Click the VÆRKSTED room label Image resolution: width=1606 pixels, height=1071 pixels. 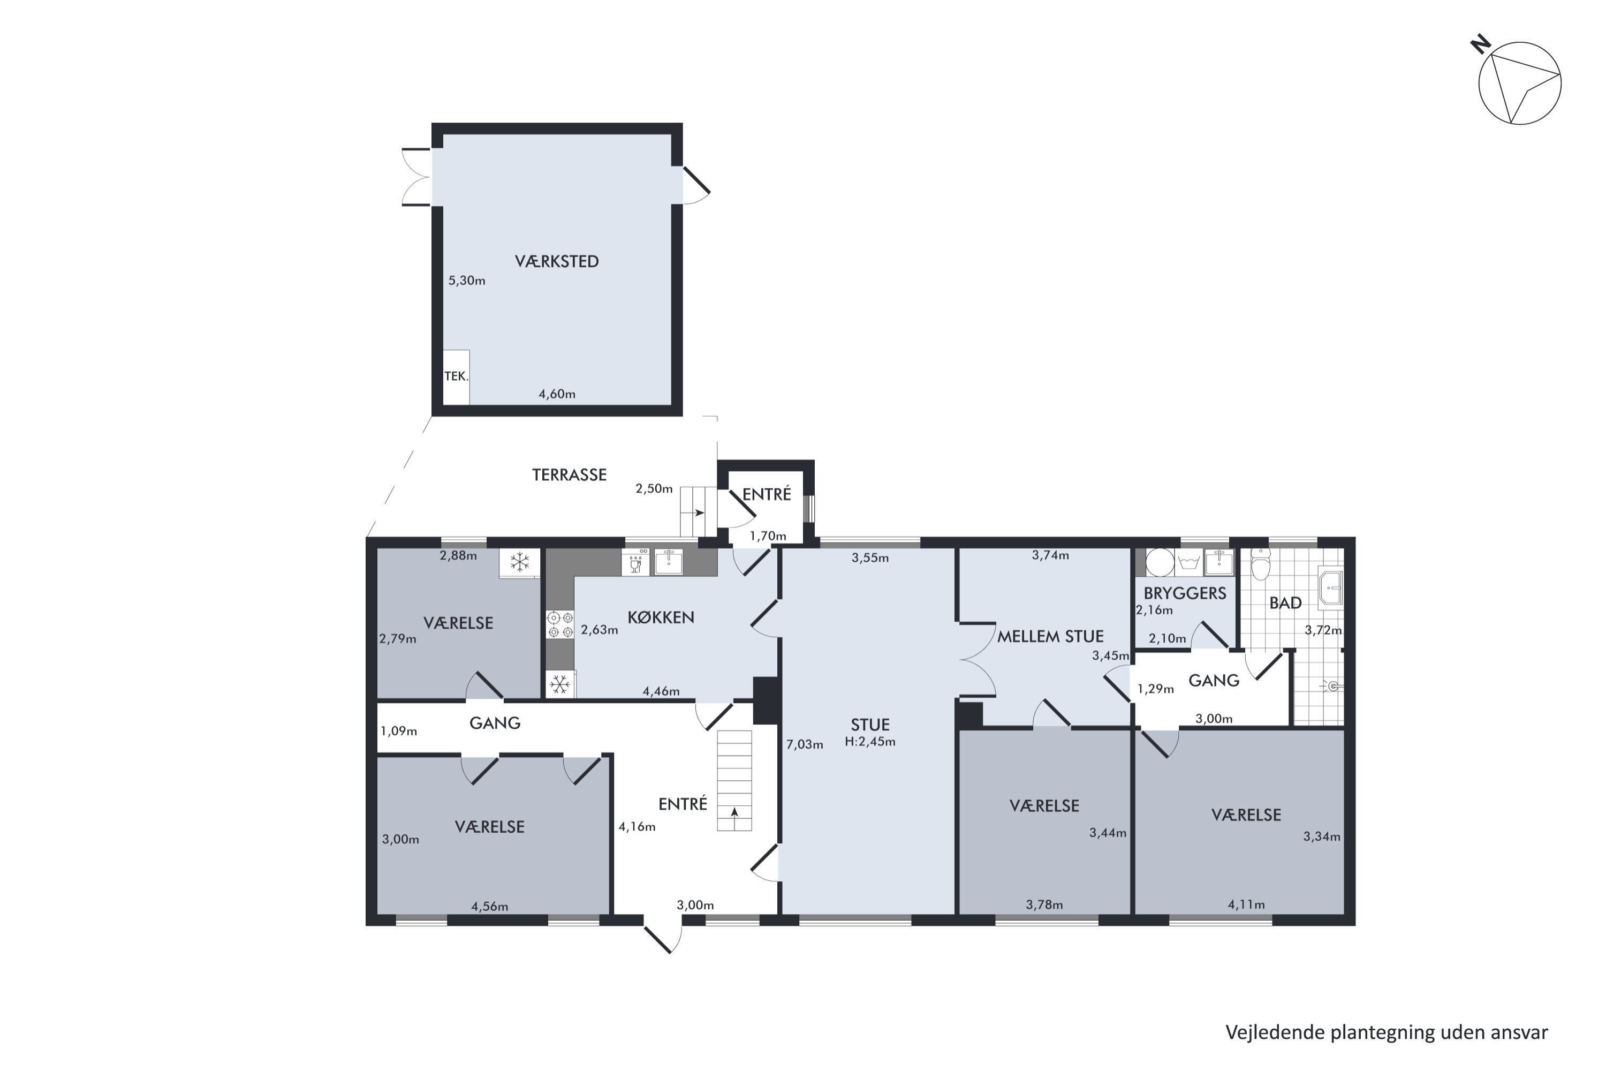pos(557,262)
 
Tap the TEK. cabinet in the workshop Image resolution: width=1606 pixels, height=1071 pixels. pos(456,376)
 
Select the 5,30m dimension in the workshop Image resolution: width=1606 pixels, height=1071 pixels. pos(467,281)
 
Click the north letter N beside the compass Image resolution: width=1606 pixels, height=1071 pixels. pos(1480,45)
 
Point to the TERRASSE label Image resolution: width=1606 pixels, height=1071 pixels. pos(570,474)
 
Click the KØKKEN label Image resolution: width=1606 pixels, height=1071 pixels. pos(661,617)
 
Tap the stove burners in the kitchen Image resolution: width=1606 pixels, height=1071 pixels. pos(560,625)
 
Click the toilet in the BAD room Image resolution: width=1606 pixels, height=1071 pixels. pos(1260,565)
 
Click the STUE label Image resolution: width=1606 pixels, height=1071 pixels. pos(870,725)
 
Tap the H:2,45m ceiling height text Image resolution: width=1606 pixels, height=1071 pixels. pos(870,742)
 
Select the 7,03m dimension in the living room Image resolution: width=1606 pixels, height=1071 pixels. pos(805,744)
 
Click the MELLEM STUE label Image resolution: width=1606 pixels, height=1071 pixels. pos(1050,637)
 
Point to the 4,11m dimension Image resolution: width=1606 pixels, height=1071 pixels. pos(1246,905)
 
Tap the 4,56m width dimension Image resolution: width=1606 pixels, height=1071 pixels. pos(490,907)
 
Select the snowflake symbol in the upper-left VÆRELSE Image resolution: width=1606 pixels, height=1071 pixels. pos(520,563)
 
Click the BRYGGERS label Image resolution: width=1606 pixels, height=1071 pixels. pos(1185,593)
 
